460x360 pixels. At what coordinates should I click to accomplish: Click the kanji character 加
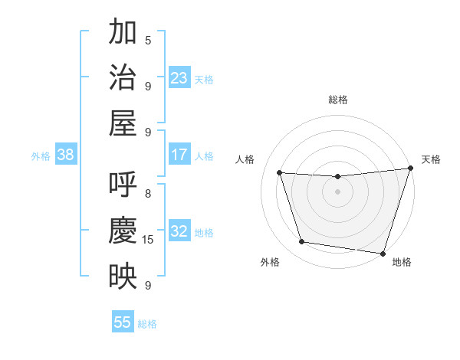pyautogui.click(x=123, y=32)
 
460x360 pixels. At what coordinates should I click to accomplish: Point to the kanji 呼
pyautogui.click(x=123, y=185)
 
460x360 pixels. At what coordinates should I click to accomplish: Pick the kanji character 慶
pyautogui.click(x=123, y=231)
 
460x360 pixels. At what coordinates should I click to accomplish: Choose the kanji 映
pyautogui.click(x=123, y=276)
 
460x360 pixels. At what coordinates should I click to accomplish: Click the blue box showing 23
pyautogui.click(x=179, y=77)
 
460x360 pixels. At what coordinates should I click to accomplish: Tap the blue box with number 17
pyautogui.click(x=179, y=155)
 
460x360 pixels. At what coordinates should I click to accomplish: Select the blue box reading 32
pyautogui.click(x=179, y=231)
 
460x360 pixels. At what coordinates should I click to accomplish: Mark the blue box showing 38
pyautogui.click(x=66, y=155)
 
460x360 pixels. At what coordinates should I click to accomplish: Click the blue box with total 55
pyautogui.click(x=123, y=322)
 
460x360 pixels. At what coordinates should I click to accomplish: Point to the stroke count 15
pyautogui.click(x=148, y=240)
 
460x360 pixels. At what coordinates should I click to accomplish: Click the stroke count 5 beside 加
pyautogui.click(x=148, y=41)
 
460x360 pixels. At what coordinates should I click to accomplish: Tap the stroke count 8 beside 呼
pyautogui.click(x=148, y=194)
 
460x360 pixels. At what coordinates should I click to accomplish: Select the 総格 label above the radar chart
pyautogui.click(x=337, y=100)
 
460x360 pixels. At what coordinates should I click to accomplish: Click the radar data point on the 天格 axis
pyautogui.click(x=409, y=169)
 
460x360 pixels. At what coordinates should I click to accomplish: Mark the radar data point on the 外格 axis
pyautogui.click(x=301, y=242)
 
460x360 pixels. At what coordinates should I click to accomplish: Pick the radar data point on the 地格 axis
pyautogui.click(x=383, y=253)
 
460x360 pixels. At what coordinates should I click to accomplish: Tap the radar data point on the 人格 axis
pyautogui.click(x=280, y=173)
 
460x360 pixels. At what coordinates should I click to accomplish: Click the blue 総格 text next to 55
pyautogui.click(x=147, y=324)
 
